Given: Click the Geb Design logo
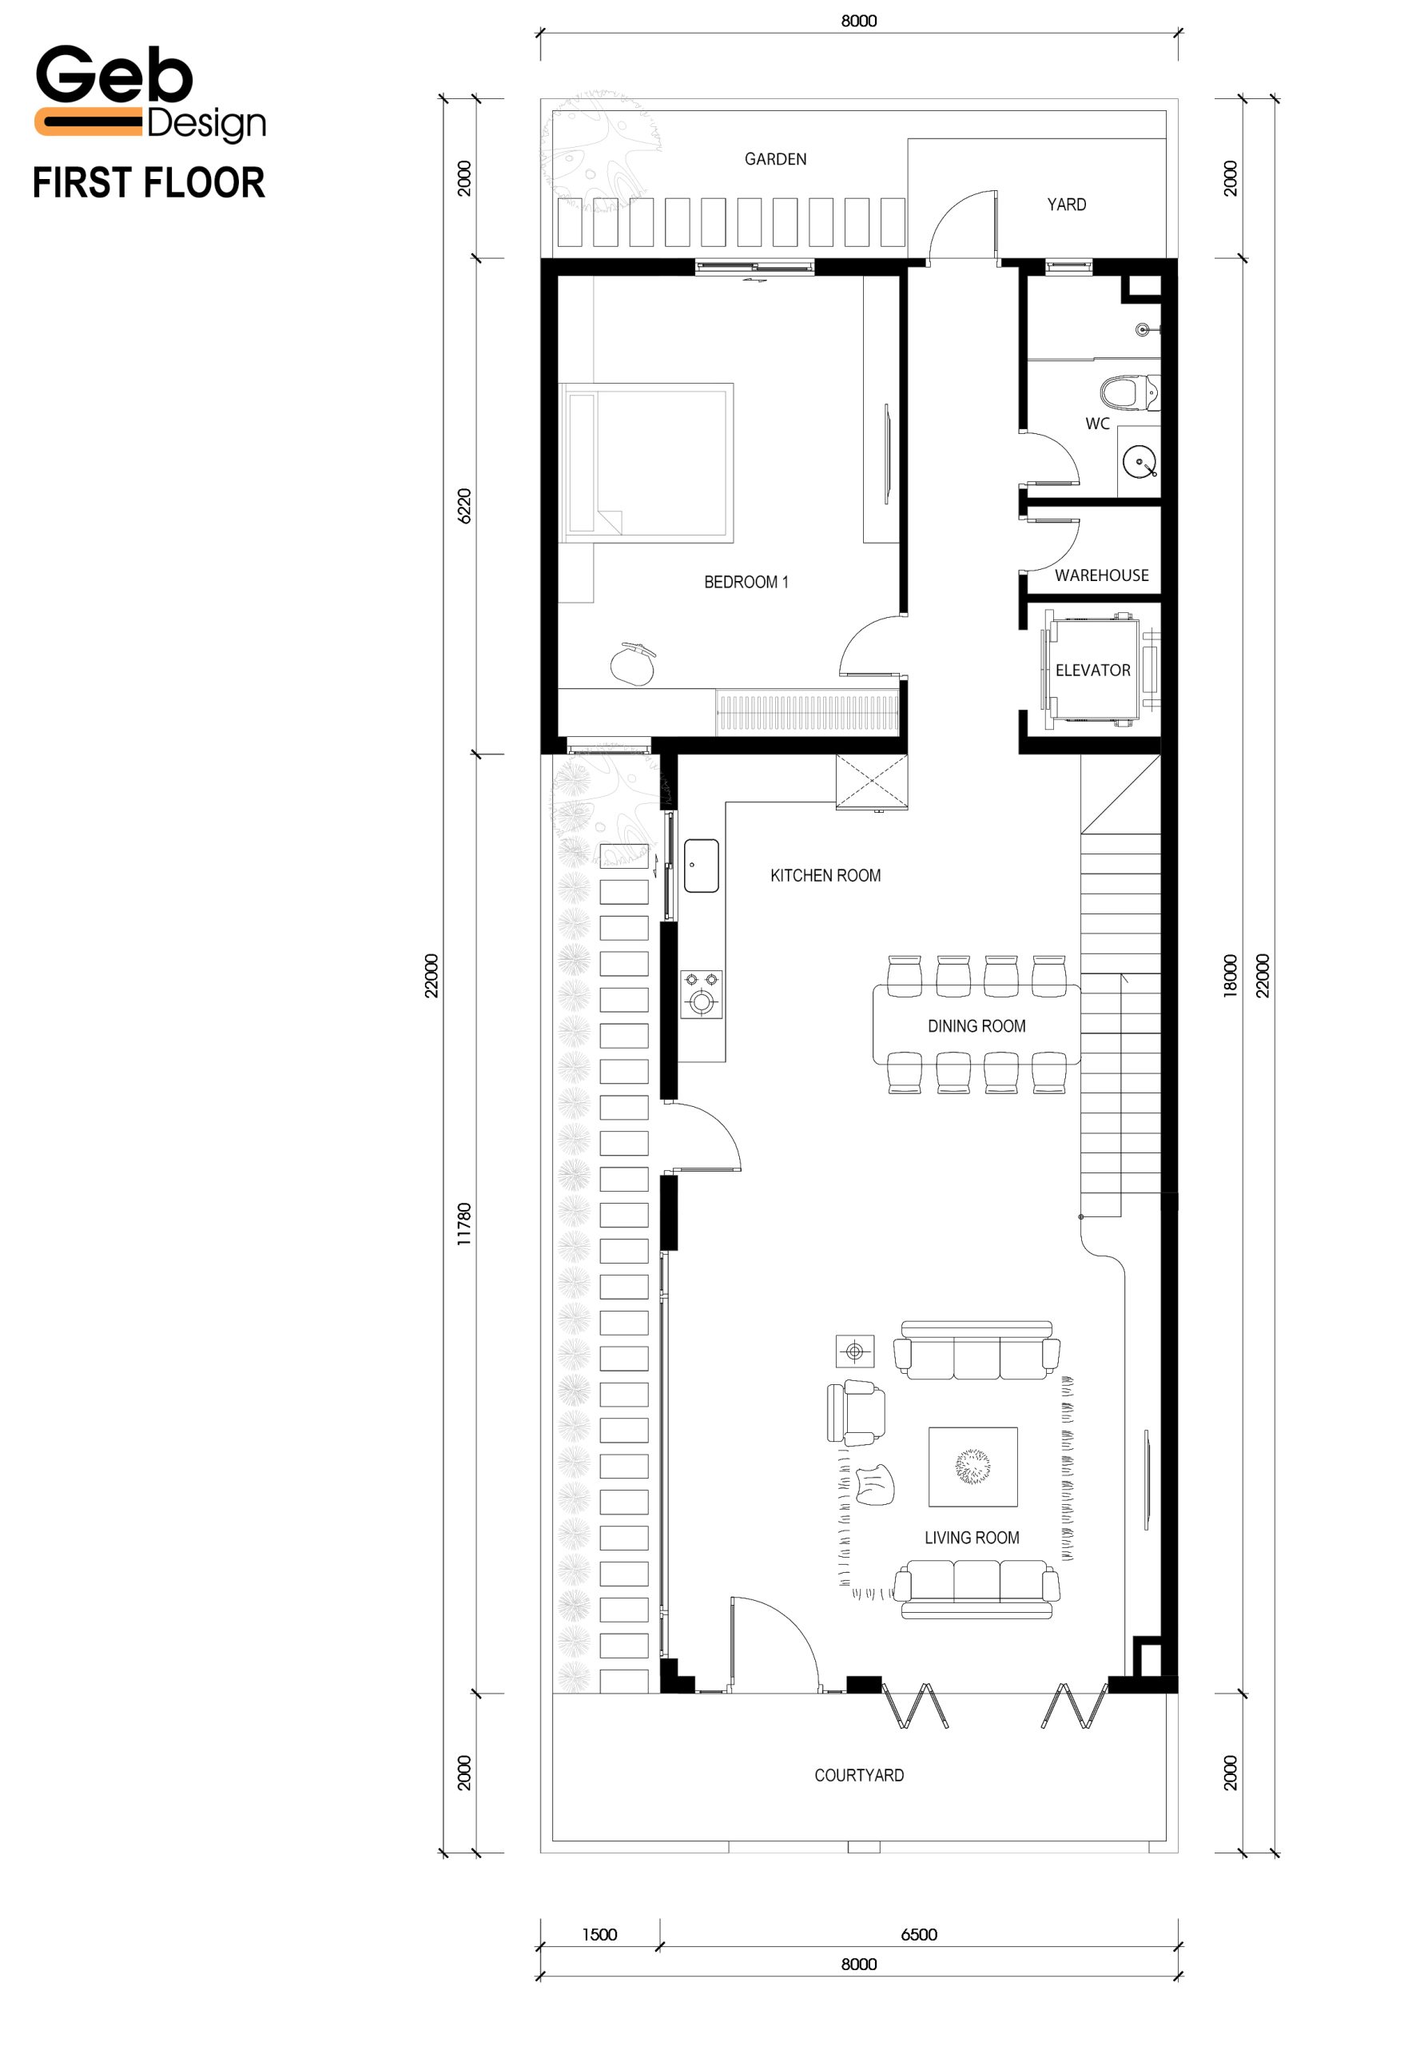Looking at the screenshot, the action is pos(149,94).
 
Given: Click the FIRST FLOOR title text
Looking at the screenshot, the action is pos(149,183).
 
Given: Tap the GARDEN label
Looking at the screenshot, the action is pos(775,159).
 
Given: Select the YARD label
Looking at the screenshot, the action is pos(1066,205).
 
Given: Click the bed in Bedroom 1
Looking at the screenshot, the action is pos(646,462).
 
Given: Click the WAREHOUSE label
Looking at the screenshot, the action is pos(1101,575).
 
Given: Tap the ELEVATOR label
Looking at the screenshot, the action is pos(1092,670).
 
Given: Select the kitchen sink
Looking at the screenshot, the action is pos(702,865).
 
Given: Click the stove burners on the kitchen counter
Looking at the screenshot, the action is pos(702,993).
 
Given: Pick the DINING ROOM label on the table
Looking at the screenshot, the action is pos(976,1025).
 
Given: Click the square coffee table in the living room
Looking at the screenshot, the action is pos(972,1467).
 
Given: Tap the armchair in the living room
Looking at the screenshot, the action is pos(856,1412).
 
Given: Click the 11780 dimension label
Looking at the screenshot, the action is pos(464,1224).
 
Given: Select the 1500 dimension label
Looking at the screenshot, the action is pos(599,1934).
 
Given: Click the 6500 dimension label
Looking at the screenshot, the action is pos(918,1934).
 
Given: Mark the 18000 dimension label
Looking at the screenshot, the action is pos(1230,975).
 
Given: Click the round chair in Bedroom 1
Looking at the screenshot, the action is pos(633,663).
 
